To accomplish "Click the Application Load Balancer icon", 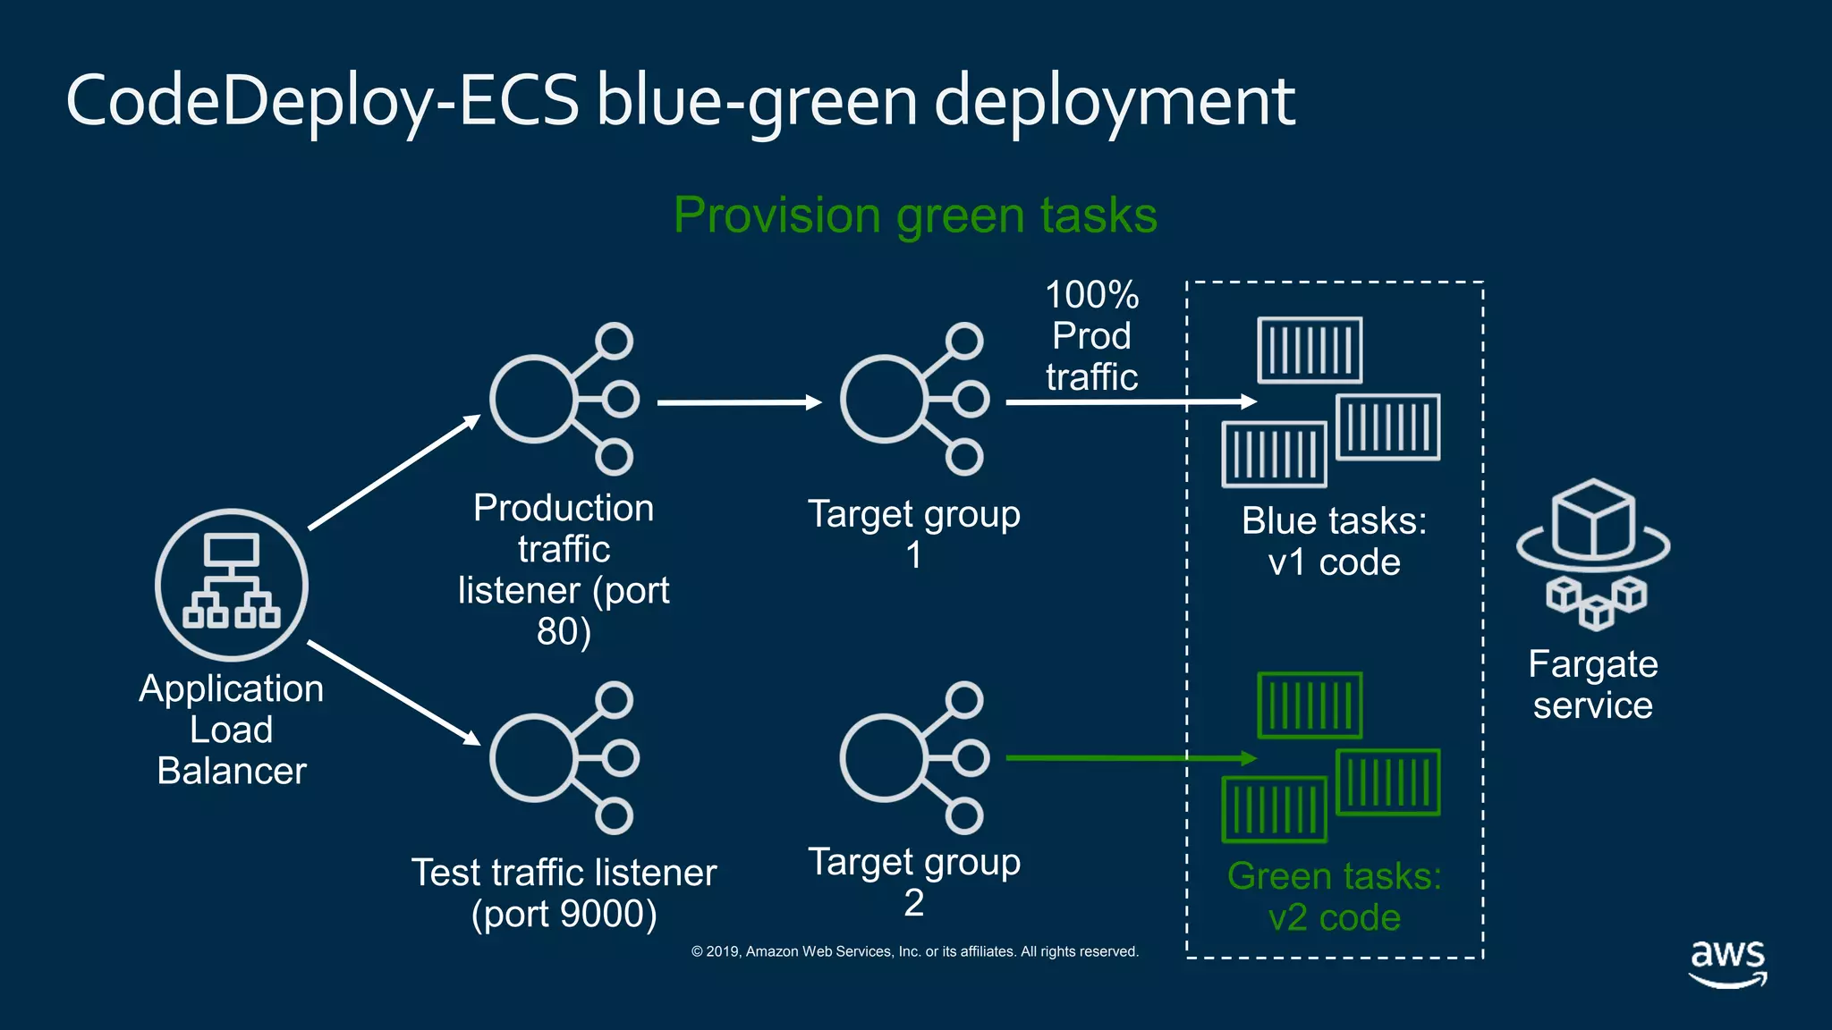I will (x=232, y=586).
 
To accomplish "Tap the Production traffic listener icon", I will (x=564, y=400).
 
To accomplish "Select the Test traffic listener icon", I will (x=564, y=758).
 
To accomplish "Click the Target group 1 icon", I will (x=914, y=400).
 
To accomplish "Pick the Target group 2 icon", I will (x=914, y=758).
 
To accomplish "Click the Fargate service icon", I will (x=1593, y=554).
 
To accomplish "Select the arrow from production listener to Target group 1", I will (x=738, y=402).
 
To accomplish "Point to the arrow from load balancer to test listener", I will (x=394, y=692).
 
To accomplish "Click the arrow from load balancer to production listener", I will (x=394, y=473).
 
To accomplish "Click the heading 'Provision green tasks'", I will (x=915, y=215).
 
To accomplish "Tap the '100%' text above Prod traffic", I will (x=1091, y=295).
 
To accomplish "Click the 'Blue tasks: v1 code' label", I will (x=1334, y=542).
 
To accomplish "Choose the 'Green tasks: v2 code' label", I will (x=1334, y=897).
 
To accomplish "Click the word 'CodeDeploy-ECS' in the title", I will (x=322, y=100).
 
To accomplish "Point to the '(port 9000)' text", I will (x=564, y=914).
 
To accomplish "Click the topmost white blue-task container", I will (x=1310, y=350).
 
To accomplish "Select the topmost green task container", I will (x=1310, y=705).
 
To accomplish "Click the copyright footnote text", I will (x=914, y=951).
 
